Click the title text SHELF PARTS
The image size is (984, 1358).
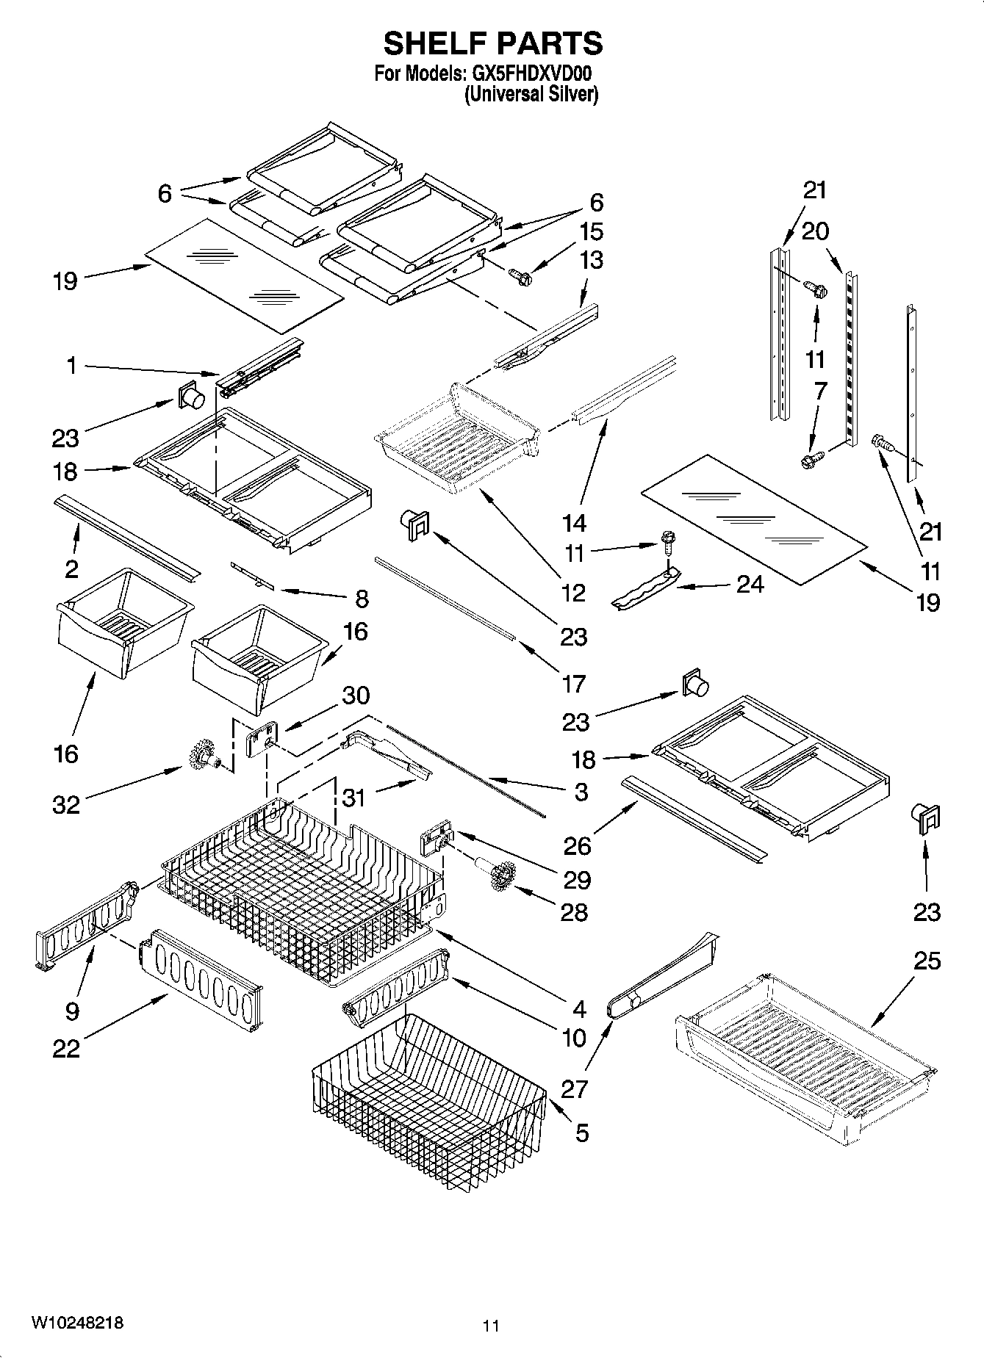(x=492, y=44)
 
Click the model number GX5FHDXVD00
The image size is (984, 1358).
(x=531, y=74)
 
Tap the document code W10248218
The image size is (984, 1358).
(x=76, y=1323)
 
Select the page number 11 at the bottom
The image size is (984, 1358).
(x=491, y=1326)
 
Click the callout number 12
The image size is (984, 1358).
(x=574, y=592)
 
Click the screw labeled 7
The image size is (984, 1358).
(x=811, y=461)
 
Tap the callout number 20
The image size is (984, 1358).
(x=815, y=231)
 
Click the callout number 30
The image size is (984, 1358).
(x=356, y=695)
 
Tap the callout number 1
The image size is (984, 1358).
(x=71, y=365)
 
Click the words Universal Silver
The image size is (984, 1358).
(x=531, y=94)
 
